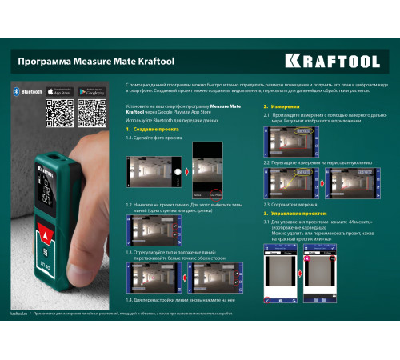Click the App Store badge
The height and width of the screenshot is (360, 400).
60,91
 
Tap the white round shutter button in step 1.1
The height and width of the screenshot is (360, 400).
178,171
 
